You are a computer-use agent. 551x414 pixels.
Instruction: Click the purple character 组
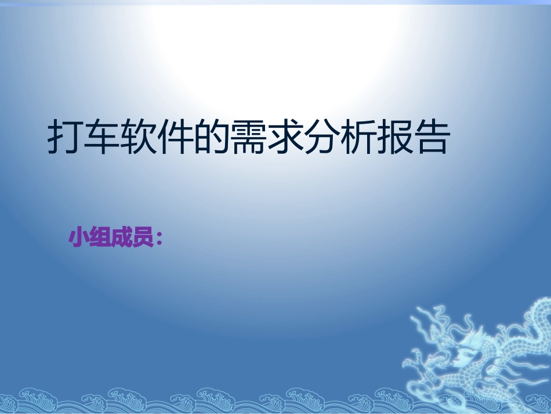pyautogui.click(x=100, y=237)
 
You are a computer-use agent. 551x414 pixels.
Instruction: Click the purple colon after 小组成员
pyautogui.click(x=158, y=239)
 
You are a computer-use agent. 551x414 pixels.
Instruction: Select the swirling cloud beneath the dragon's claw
pyautogui.click(x=420, y=386)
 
